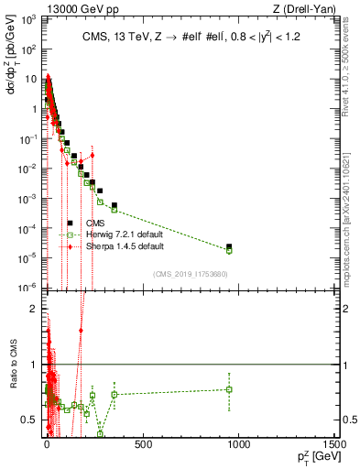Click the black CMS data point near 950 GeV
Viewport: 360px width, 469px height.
coord(229,246)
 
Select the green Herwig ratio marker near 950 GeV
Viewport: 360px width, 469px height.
coord(229,389)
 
